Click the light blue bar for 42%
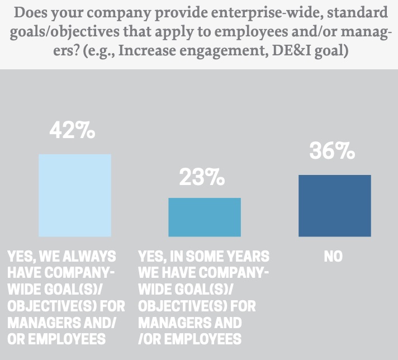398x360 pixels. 74,195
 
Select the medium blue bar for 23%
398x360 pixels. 205,217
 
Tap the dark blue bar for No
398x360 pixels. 334,205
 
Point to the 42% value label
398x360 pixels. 72,130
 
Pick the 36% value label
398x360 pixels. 332,151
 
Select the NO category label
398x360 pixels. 333,257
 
